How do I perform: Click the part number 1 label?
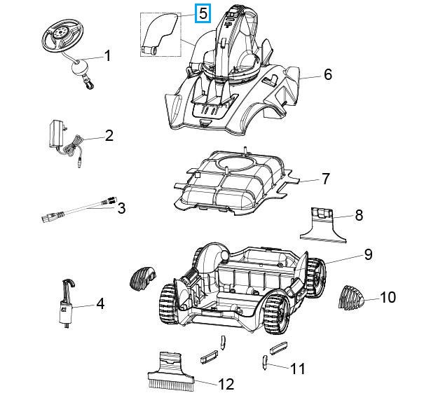[x=108, y=55]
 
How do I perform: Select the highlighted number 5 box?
[x=203, y=13]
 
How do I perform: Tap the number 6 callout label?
[x=327, y=74]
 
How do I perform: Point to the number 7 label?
[x=325, y=179]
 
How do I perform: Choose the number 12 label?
[x=226, y=383]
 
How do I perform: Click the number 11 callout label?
[x=298, y=368]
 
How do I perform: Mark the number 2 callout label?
[x=109, y=135]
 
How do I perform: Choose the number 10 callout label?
[x=388, y=297]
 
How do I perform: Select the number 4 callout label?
[x=100, y=303]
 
